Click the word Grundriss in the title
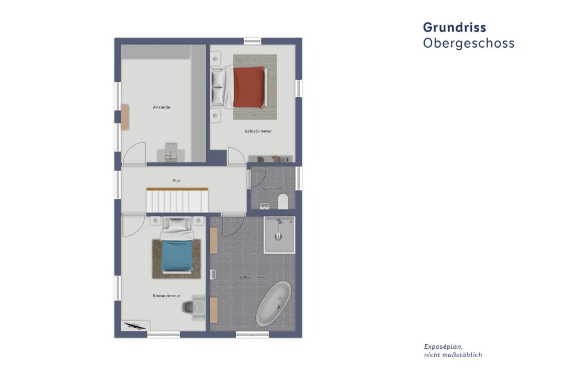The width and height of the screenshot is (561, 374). pos(454,28)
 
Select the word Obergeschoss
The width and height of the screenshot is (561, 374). pos(468,43)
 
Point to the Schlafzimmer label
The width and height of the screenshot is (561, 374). pos(258,131)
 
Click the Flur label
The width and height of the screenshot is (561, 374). pos(176,181)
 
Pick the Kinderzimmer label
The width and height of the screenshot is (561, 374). pos(166,295)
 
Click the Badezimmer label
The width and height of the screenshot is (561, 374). pos(251,277)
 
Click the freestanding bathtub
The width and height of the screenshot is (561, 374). pos(273,304)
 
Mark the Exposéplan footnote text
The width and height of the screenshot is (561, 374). pos(453,350)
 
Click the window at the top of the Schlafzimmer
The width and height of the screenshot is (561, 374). pos(252,41)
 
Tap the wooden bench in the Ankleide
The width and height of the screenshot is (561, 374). pos(125,115)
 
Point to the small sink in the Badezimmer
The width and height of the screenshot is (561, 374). pos(213,275)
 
